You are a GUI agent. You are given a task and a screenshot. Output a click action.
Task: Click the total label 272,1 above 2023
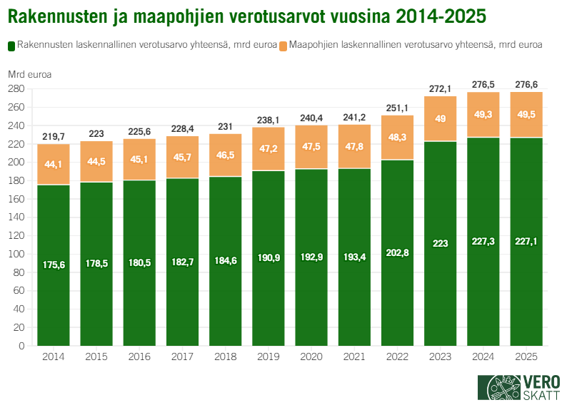pyautogui.click(x=440, y=89)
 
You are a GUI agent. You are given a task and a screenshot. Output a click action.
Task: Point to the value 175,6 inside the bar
pyautogui.click(x=54, y=265)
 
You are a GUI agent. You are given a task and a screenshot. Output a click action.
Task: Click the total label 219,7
pyautogui.click(x=54, y=136)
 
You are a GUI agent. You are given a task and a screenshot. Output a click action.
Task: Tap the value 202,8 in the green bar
pyautogui.click(x=396, y=255)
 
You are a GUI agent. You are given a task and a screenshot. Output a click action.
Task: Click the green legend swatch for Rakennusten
pyautogui.click(x=11, y=45)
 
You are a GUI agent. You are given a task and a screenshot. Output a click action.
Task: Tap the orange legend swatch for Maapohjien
pyautogui.click(x=283, y=45)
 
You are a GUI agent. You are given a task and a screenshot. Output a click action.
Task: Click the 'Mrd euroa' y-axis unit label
pyautogui.click(x=29, y=73)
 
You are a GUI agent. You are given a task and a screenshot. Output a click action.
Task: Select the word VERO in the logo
pyautogui.click(x=541, y=381)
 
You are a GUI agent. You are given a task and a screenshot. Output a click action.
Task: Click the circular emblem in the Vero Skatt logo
pyautogui.click(x=504, y=389)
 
